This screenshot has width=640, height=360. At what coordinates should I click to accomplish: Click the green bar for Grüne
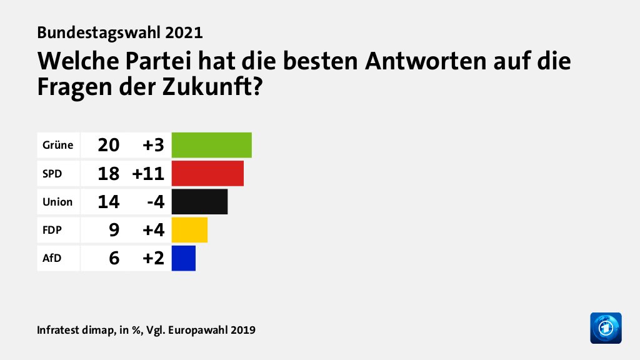[x=211, y=145]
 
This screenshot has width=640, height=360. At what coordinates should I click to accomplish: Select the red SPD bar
[x=207, y=173]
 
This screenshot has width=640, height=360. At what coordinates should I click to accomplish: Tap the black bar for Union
[x=199, y=202]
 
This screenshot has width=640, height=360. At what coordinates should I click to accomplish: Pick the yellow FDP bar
[x=189, y=230]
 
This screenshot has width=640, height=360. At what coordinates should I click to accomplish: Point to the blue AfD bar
[x=184, y=258]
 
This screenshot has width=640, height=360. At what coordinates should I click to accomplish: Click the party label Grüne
[x=57, y=146]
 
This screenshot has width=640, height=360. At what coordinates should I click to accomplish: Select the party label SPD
[x=52, y=174]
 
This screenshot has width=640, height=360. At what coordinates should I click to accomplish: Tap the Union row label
[x=57, y=202]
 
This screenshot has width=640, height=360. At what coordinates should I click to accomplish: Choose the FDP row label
[x=52, y=230]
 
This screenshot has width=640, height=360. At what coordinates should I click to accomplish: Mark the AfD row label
[x=52, y=258]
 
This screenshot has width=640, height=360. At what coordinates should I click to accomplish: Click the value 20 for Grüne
[x=108, y=146]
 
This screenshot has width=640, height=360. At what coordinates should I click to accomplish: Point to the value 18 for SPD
[x=108, y=174]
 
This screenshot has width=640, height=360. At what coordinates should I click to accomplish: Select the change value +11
[x=148, y=174]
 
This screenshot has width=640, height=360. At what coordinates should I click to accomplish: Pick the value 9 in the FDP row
[x=113, y=230]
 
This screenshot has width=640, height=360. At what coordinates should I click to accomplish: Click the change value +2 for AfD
[x=153, y=258]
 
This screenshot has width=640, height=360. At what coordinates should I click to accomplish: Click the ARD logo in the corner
[x=606, y=327]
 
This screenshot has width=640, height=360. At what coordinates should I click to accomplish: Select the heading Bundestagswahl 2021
[x=120, y=32]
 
